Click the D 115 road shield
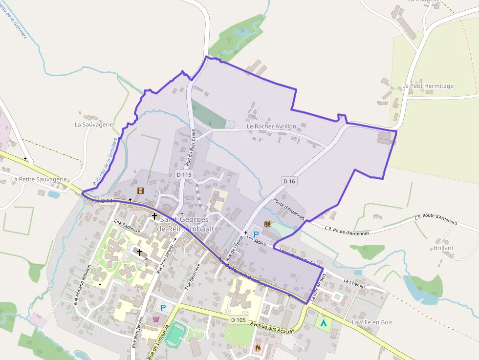click(x=184, y=174)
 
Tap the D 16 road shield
click(x=289, y=181)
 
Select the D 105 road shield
click(x=238, y=320)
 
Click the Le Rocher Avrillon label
click(x=271, y=126)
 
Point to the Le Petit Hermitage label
click(x=428, y=86)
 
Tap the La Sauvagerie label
click(x=94, y=124)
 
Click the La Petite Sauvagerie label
click(x=39, y=179)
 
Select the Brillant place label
click(x=443, y=248)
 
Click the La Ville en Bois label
click(x=372, y=322)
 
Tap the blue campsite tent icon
click(x=323, y=323)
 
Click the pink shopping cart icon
click(x=156, y=319)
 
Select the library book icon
click(x=267, y=224)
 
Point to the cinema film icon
click(x=140, y=191)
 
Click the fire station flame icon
click(x=258, y=347)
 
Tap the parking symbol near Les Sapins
click(x=256, y=234)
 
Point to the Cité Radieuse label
click(x=127, y=225)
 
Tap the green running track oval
click(x=176, y=334)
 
